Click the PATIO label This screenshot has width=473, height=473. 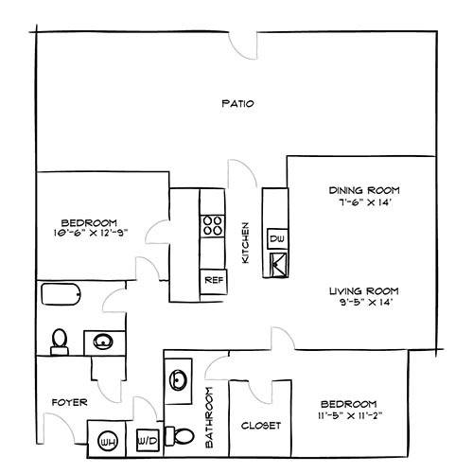tap(237, 103)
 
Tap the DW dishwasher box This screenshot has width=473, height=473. tap(277, 238)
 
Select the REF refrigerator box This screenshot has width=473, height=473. tap(214, 282)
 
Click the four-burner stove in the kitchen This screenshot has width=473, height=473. tap(212, 226)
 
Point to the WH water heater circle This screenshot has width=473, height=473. tap(108, 441)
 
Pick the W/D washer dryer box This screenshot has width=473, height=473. tap(148, 440)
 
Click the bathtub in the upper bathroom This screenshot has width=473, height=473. tap(61, 294)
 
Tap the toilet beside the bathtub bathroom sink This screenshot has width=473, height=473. tap(60, 342)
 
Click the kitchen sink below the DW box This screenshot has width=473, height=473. tap(279, 264)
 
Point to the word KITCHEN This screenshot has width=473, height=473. tap(245, 242)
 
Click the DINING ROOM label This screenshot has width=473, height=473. tap(364, 190)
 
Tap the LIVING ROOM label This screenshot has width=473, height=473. tap(364, 290)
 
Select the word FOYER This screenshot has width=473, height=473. tap(69, 402)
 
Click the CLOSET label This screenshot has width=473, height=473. tap(261, 426)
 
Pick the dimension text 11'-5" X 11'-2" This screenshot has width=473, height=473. tap(350, 415)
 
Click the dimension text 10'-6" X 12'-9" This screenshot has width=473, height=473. tap(91, 233)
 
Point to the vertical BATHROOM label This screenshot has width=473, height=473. tap(209, 417)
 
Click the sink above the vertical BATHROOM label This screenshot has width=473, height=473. tap(178, 380)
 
